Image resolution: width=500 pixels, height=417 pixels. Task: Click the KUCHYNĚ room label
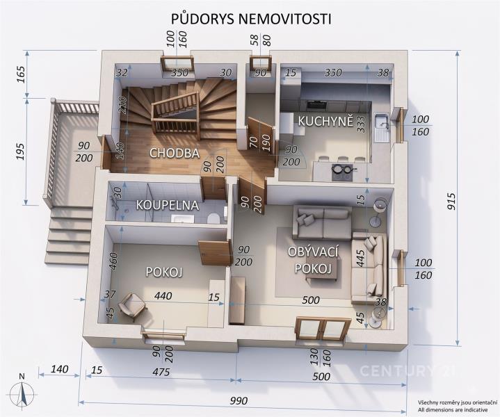click(325, 122)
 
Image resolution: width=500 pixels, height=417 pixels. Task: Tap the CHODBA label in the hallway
click(175, 153)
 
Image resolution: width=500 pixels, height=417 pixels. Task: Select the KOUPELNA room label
click(168, 205)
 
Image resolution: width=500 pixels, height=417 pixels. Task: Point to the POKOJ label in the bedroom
click(164, 272)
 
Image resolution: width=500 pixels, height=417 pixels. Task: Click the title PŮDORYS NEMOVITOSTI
click(251, 19)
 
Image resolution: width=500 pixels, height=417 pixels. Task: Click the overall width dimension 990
click(239, 400)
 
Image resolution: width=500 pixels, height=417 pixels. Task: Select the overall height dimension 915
click(451, 201)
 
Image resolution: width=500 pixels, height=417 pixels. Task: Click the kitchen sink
click(382, 127)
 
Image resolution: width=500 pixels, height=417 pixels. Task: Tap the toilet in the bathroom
click(213, 218)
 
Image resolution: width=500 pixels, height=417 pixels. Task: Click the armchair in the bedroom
click(132, 306)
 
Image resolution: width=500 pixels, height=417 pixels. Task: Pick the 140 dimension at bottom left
click(59, 369)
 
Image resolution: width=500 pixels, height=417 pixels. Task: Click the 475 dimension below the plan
click(161, 372)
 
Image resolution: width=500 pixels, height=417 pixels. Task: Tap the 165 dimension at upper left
click(21, 74)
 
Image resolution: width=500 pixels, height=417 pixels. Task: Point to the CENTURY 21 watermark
click(407, 370)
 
